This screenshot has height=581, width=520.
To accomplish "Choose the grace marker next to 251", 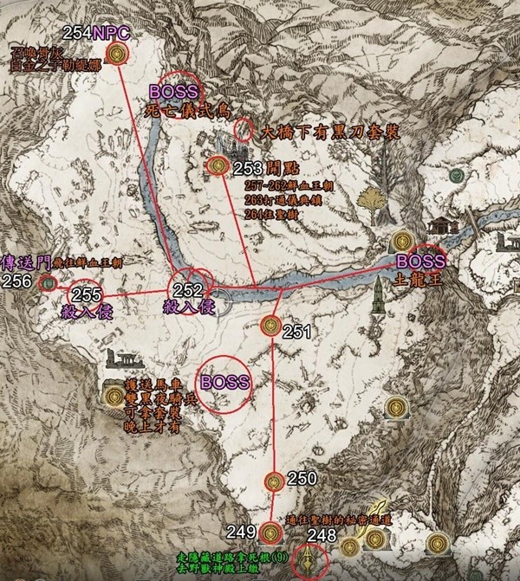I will pos(270,326).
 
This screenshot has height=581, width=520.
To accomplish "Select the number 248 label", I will pos(322,535).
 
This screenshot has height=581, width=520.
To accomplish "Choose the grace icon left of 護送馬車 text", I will pos(113,397).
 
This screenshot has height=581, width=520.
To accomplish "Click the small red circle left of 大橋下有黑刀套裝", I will pos(245,130).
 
